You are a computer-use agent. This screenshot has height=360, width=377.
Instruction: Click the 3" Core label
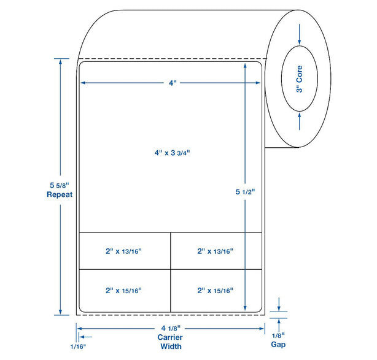(x=300, y=79)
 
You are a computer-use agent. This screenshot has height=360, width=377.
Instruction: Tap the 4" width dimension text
(x=173, y=83)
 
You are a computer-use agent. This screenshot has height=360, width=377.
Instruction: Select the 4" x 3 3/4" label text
(x=172, y=153)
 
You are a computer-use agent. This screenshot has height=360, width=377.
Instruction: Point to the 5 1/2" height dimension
(x=245, y=191)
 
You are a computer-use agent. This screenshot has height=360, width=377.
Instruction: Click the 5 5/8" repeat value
(x=60, y=185)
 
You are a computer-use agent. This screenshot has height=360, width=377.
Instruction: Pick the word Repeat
(x=60, y=194)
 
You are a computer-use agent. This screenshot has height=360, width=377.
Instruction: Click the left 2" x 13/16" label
(x=123, y=251)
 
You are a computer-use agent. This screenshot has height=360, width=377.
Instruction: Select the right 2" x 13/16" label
(x=216, y=251)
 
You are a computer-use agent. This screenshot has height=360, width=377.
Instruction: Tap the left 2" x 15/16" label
(x=123, y=291)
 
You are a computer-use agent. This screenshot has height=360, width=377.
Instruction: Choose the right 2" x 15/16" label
(x=216, y=291)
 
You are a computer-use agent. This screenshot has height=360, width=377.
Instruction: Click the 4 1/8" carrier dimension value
(x=171, y=328)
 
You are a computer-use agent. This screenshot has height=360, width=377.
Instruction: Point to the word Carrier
(x=170, y=337)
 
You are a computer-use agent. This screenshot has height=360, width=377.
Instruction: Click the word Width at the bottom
(x=171, y=347)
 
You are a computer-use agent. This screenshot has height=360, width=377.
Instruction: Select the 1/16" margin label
(x=78, y=347)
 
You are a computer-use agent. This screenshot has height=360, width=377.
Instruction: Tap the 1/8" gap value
(x=278, y=335)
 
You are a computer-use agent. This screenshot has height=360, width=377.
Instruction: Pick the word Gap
(x=278, y=345)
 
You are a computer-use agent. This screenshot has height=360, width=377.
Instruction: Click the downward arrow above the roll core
(x=300, y=34)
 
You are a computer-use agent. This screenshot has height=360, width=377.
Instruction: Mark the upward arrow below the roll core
(x=300, y=121)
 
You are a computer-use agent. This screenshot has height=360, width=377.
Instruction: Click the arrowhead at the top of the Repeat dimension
(x=60, y=62)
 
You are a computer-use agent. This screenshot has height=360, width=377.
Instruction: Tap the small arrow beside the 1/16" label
(x=85, y=337)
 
